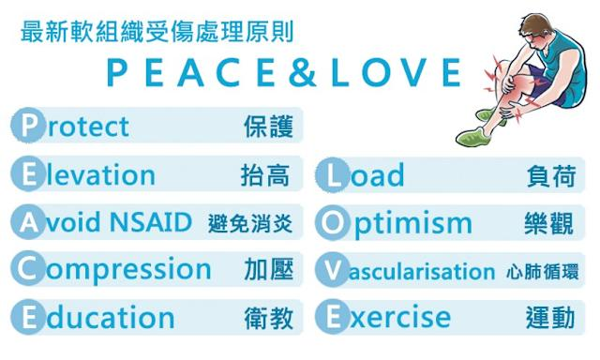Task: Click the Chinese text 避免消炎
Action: tap(250, 224)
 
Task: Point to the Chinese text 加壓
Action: tap(268, 271)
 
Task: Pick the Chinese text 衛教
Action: tap(267, 319)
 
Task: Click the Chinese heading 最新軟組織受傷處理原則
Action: tap(156, 31)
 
